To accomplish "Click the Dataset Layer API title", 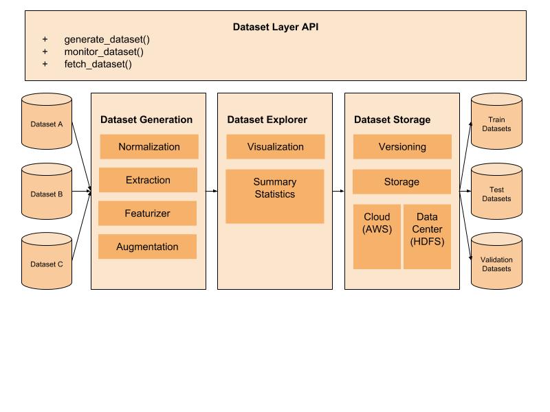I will (x=275, y=27).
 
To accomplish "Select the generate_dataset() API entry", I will (x=107, y=40).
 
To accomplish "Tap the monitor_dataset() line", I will (x=104, y=51).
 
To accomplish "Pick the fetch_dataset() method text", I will (x=98, y=64).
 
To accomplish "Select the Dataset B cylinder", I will (x=47, y=192).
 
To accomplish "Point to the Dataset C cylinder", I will (x=47, y=262).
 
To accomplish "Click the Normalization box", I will (x=149, y=147).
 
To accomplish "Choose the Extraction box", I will (x=148, y=180).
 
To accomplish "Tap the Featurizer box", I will (x=147, y=214).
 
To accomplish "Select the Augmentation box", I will (x=147, y=247).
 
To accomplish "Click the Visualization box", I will (x=275, y=147).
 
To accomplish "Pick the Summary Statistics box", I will (x=274, y=196).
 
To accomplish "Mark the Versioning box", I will (x=402, y=147).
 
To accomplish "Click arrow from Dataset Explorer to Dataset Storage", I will (x=338, y=192).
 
